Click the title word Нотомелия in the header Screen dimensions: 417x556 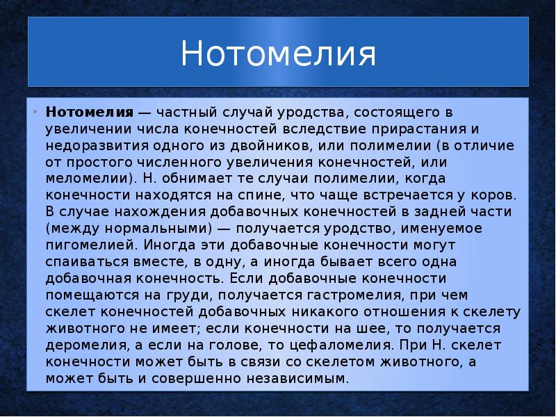click(278, 54)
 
